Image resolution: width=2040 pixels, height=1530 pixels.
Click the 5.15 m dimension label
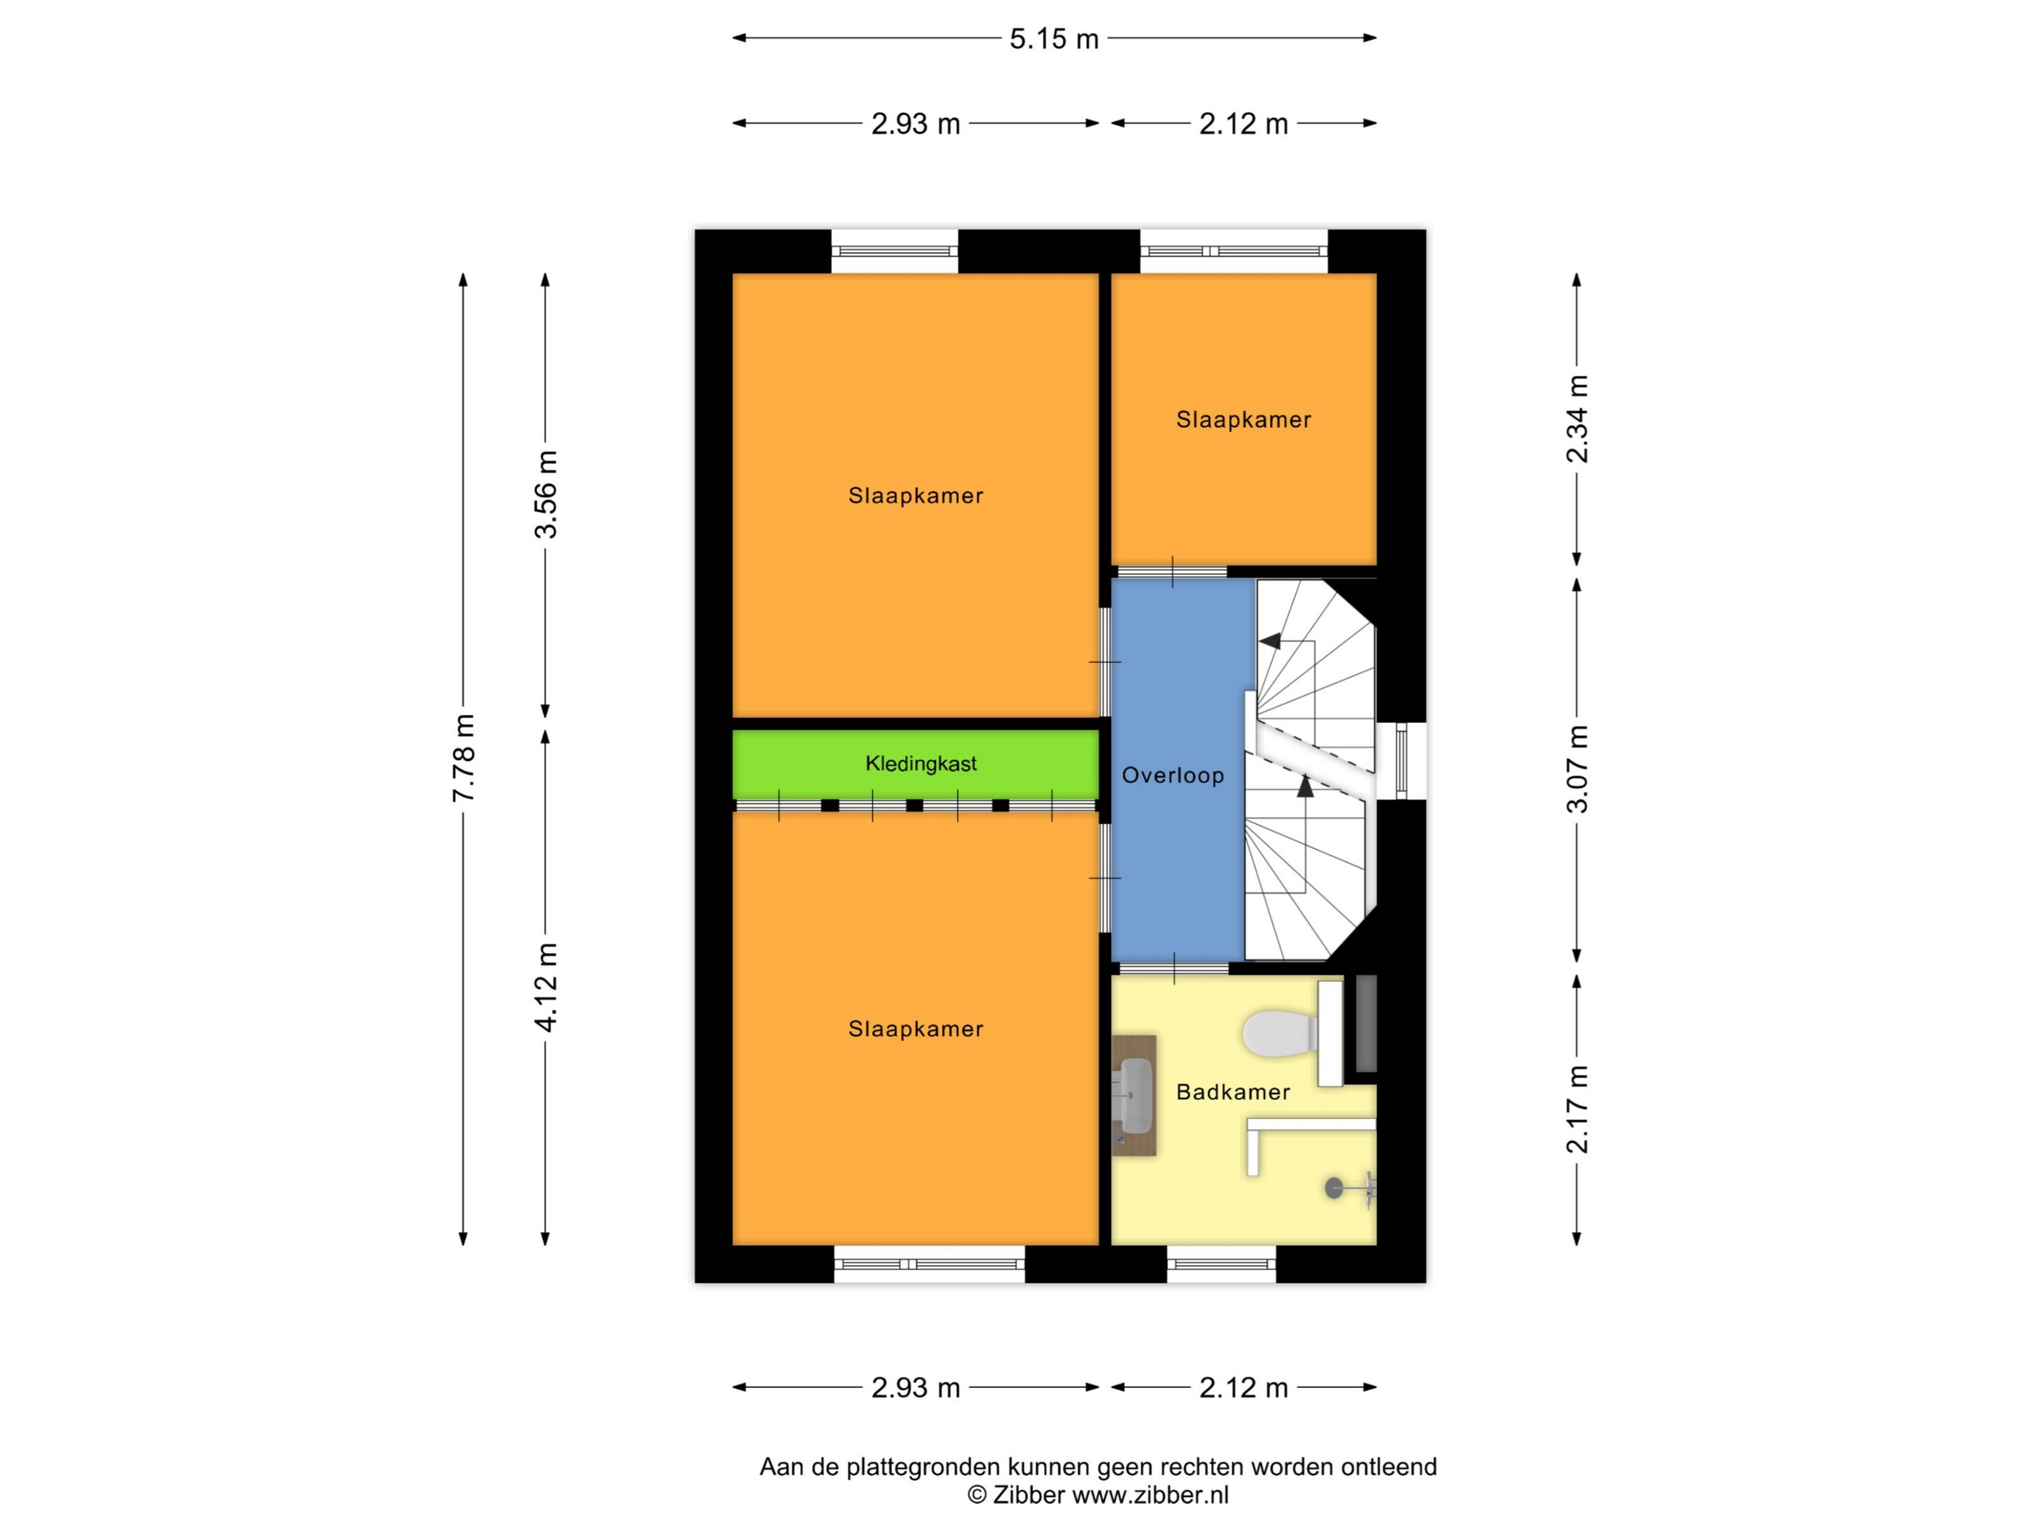tap(1054, 39)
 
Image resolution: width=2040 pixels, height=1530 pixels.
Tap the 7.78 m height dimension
tap(464, 758)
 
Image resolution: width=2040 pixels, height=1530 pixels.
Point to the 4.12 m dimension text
tap(546, 988)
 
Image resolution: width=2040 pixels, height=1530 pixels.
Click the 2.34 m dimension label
tap(1577, 420)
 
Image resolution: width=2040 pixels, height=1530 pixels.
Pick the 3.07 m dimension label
tap(1577, 769)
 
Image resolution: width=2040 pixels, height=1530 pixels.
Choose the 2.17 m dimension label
tap(1577, 1110)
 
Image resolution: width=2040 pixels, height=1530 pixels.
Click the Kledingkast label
tap(920, 764)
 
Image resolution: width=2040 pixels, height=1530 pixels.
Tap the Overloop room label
tap(1173, 776)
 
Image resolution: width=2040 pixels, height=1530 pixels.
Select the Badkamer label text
tap(1233, 1093)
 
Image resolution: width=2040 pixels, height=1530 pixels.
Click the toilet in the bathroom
tap(1280, 1034)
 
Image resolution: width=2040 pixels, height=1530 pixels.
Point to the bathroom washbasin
tap(1135, 1096)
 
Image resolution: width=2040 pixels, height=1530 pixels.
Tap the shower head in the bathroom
tap(1335, 1188)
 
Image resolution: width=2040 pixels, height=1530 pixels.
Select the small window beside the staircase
tap(1401, 761)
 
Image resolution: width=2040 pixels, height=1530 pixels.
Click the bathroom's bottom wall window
tap(1222, 1263)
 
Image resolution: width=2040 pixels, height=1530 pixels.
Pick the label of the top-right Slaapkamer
tap(1243, 420)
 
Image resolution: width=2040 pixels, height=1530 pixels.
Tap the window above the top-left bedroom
tap(895, 251)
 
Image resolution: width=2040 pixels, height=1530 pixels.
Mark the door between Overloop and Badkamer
tap(1173, 968)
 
